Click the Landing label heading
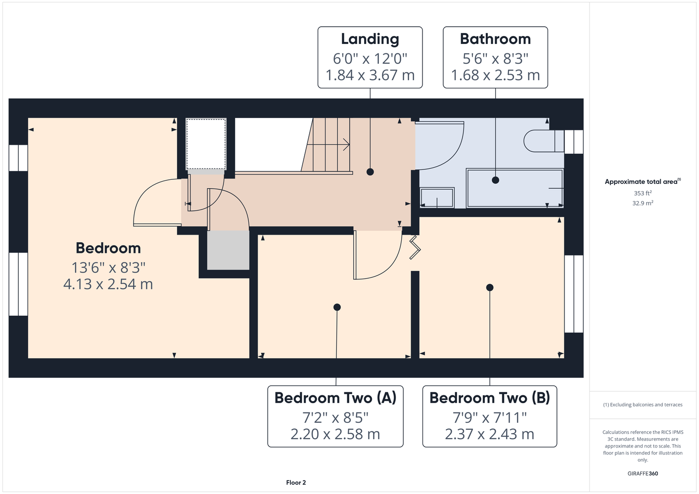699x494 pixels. click(370, 39)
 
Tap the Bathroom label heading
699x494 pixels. click(495, 39)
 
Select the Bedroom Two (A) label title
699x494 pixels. click(335, 398)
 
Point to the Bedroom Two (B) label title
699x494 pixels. click(490, 398)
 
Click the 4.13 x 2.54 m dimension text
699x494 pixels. click(108, 284)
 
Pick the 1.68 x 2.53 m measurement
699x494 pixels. click(495, 75)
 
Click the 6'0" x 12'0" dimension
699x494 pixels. click(370, 59)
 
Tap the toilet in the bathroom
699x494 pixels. click(544, 141)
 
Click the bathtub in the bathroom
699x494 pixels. click(514, 188)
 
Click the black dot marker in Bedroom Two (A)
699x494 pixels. click(337, 307)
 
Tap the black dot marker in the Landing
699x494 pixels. click(370, 172)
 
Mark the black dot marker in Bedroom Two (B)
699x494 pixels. click(490, 288)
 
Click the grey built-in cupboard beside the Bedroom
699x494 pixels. click(228, 250)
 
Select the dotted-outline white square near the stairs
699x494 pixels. click(206, 144)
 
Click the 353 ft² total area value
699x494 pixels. click(643, 193)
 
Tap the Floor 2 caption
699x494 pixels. click(296, 483)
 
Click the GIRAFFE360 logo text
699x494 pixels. click(643, 474)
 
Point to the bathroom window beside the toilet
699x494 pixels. click(573, 142)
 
